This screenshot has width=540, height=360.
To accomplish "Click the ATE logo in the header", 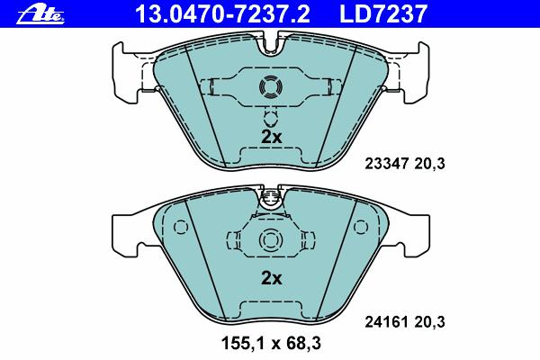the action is tap(40, 14).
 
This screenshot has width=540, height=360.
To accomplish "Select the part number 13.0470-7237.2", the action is tap(223, 14).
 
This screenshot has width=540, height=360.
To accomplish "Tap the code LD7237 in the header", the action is tap(383, 14).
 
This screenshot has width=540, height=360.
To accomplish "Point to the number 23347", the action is tap(386, 164).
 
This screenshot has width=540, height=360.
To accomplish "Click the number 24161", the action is tap(386, 322).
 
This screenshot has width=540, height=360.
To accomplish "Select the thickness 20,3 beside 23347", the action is tap(429, 164).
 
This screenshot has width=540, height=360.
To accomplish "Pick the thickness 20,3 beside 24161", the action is tap(429, 322).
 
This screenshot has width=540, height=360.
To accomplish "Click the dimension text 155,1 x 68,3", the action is tap(271, 343).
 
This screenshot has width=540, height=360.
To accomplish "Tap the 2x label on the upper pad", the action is tap(272, 137).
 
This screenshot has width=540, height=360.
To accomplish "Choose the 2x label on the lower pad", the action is tap(272, 278).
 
